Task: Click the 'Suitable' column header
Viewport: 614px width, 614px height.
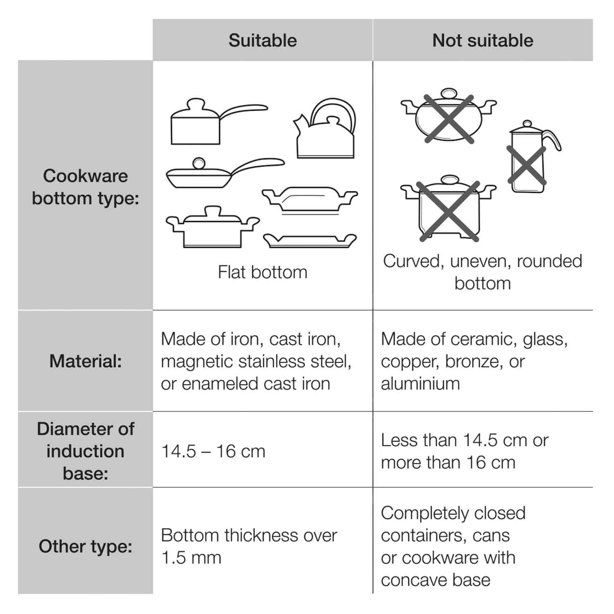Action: click(x=262, y=41)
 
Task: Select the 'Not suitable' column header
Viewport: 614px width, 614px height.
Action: click(x=483, y=41)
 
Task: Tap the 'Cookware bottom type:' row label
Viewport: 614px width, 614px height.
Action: click(x=86, y=187)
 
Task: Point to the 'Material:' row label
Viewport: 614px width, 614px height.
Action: click(x=86, y=361)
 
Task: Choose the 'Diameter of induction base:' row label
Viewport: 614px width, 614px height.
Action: click(x=86, y=451)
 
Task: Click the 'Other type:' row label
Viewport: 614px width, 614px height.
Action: click(x=86, y=546)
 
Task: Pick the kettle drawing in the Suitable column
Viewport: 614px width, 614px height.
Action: click(x=325, y=131)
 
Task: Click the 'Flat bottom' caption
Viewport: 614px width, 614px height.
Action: click(x=262, y=272)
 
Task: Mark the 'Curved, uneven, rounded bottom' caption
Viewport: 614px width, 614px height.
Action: click(x=483, y=272)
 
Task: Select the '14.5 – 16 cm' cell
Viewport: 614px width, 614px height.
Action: click(x=213, y=451)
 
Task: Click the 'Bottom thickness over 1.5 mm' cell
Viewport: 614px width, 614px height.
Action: click(x=248, y=546)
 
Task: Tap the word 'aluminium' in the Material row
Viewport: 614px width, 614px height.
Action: click(x=420, y=384)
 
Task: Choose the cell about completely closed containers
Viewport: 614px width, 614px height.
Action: click(x=453, y=546)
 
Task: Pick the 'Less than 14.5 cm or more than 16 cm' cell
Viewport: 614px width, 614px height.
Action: click(x=465, y=451)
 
